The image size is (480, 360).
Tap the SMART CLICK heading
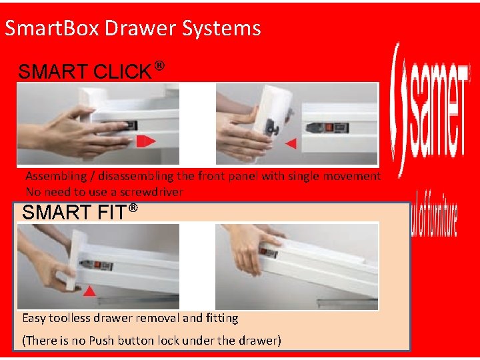click(x=85, y=72)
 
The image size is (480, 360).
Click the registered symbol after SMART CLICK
click(x=159, y=67)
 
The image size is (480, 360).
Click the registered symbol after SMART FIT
click(x=133, y=209)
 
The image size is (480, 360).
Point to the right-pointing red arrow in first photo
click(x=146, y=141)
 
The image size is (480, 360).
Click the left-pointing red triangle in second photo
click(x=290, y=143)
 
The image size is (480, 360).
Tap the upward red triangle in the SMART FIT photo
click(x=89, y=291)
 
